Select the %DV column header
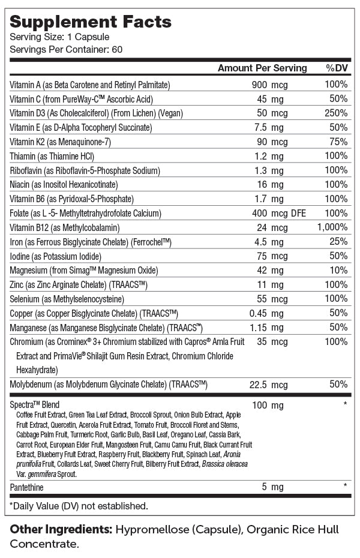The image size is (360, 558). pos(337,68)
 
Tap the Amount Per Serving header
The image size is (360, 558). pos(262,68)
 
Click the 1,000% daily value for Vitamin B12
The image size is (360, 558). pos(332,227)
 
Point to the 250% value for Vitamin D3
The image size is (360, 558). pos(335,113)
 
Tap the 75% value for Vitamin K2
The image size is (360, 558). pos(338,142)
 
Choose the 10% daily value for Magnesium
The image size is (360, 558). pos(338,271)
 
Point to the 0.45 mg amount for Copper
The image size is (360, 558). pos(266,313)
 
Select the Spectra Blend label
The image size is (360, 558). pos(35,405)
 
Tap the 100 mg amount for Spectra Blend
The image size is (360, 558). pos(268,405)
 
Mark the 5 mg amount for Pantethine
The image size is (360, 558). pos(273,487)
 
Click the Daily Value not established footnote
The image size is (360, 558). pos(79,506)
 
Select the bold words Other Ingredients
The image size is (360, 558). pos(59,530)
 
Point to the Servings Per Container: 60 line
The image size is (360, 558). pos(67,49)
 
